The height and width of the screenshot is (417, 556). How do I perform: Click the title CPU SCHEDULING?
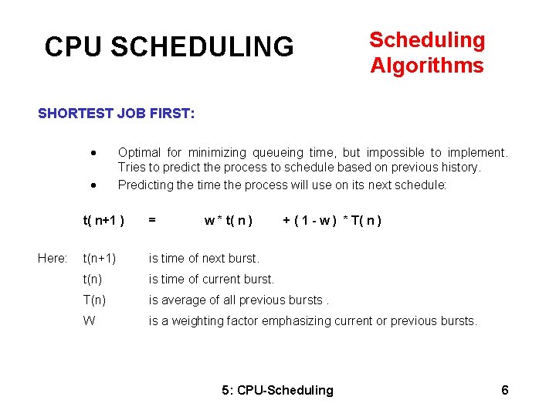(169, 47)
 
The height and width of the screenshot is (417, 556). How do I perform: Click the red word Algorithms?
(427, 66)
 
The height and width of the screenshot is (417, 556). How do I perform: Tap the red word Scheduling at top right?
(427, 40)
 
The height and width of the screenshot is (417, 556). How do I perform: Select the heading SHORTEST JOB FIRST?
(117, 114)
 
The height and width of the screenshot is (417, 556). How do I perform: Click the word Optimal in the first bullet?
(139, 152)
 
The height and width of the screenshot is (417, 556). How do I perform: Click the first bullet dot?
(93, 152)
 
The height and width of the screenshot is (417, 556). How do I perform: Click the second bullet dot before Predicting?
(93, 185)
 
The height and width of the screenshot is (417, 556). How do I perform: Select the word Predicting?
(144, 185)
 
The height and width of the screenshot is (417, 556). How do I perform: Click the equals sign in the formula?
(152, 220)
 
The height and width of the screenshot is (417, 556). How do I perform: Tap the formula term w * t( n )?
(229, 220)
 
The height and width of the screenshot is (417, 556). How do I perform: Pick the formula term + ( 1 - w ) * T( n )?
(333, 220)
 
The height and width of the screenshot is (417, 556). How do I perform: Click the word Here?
(53, 258)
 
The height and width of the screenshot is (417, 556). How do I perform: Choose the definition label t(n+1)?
(100, 258)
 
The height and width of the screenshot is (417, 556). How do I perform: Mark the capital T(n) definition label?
(94, 300)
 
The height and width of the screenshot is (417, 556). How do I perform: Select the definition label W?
(89, 320)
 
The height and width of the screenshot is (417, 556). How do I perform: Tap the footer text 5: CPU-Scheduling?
(277, 390)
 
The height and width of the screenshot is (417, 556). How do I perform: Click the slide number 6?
(505, 390)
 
